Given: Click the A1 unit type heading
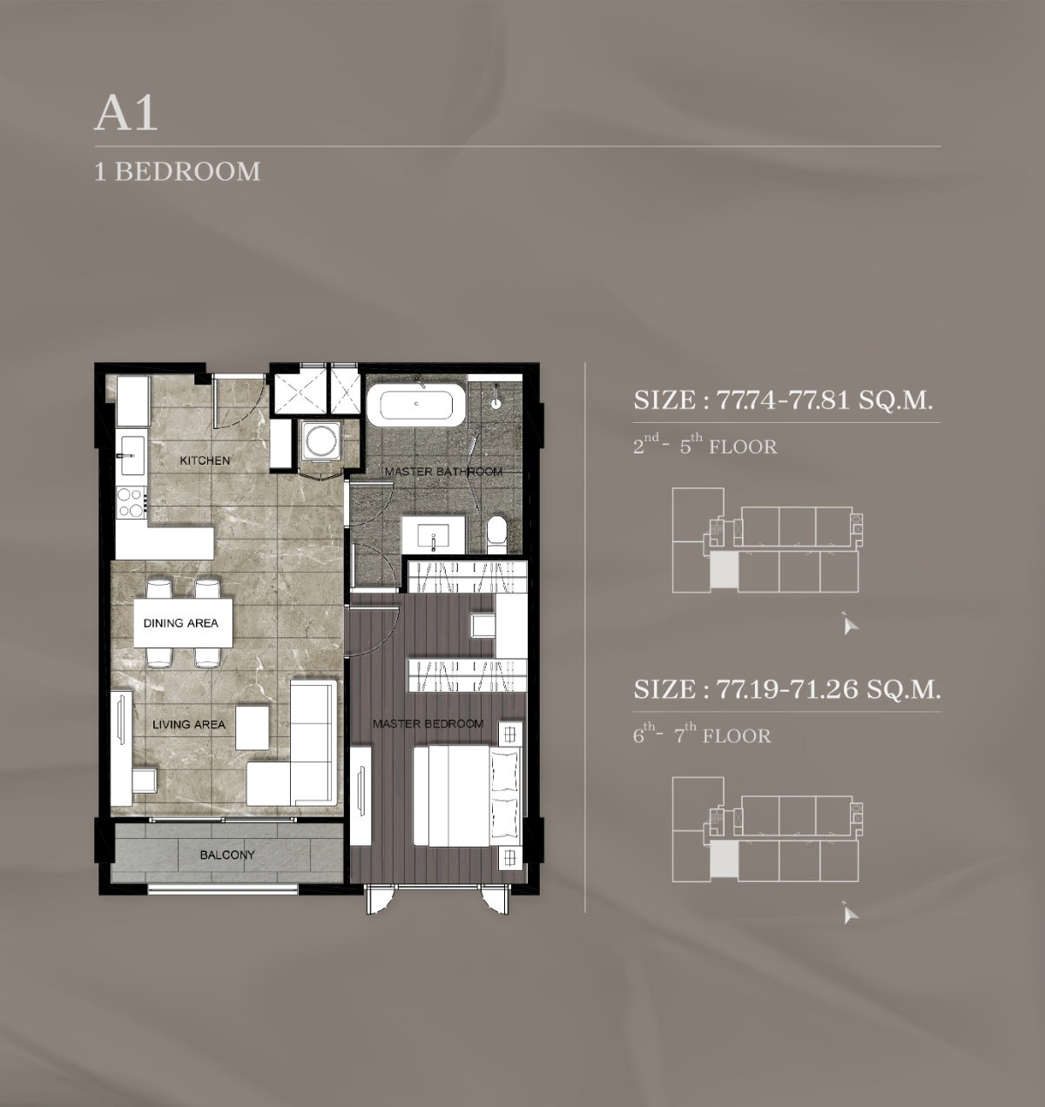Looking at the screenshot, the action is (125, 115).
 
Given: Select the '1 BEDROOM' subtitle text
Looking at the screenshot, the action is (178, 171).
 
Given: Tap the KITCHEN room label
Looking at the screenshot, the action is (205, 460).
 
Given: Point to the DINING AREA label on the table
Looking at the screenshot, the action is (181, 622).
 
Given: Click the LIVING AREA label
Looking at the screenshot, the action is (189, 724).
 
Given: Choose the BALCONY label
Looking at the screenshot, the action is (227, 855).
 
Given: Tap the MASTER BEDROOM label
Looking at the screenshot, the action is (428, 723).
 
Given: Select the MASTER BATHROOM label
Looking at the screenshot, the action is (443, 472).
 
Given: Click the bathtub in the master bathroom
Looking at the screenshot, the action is (416, 405).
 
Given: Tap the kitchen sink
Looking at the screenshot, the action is (131, 455).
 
